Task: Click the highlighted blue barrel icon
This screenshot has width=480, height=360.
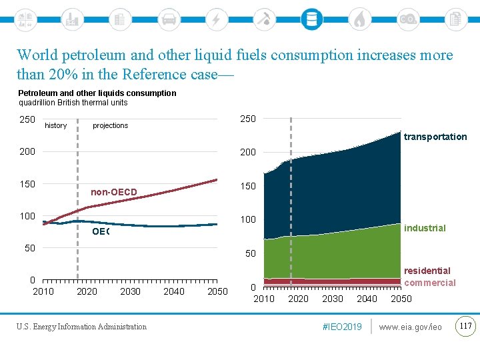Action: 311,19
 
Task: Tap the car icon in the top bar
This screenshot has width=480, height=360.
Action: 169,19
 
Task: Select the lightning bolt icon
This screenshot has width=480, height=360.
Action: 216,19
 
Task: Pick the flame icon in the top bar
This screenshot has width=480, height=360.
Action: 359,19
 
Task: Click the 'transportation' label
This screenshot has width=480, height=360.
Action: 435,137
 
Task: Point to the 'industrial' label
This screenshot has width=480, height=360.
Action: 425,228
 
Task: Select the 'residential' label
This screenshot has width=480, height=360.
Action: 427,271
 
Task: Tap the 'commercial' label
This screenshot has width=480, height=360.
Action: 430,283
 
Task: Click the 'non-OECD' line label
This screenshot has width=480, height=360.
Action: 114,193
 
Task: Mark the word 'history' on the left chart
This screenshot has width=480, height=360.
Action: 55,125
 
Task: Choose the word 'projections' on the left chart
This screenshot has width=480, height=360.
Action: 111,125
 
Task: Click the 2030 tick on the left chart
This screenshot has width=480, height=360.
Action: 130,291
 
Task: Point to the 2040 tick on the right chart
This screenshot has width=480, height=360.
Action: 367,299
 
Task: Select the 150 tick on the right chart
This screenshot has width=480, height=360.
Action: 247,186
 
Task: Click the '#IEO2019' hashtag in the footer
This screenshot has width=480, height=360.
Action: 341,327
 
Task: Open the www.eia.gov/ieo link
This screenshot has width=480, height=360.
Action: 410,327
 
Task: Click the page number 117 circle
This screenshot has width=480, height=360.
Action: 465,326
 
